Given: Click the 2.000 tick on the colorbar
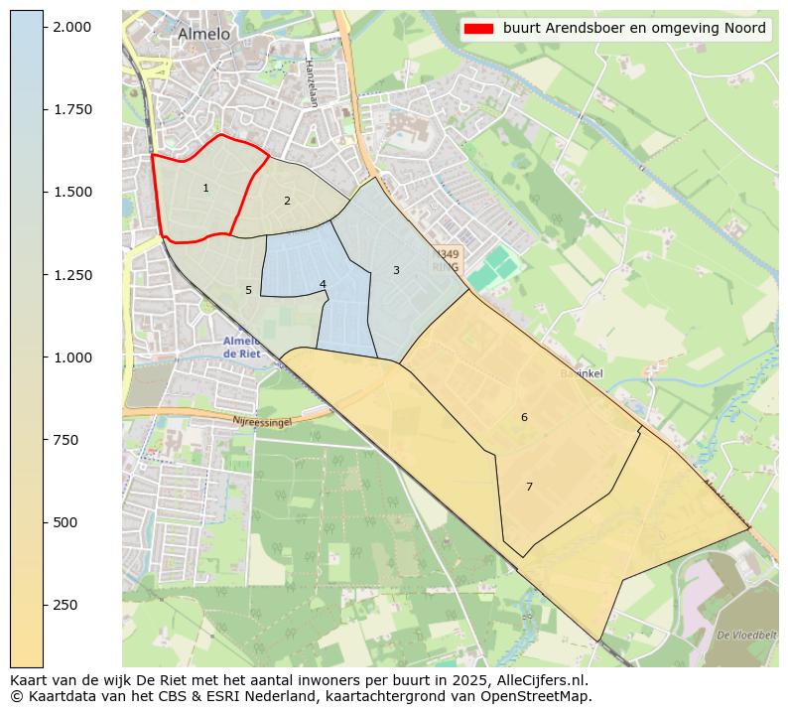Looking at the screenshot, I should [x=72, y=27].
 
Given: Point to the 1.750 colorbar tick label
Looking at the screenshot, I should [x=72, y=109].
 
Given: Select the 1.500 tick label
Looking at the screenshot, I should [x=72, y=192].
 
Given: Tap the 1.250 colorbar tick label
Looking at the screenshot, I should [x=72, y=275].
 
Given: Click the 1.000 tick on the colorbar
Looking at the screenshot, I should [x=72, y=357].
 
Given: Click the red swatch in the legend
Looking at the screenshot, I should [x=477, y=29].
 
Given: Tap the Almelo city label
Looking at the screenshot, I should [x=203, y=34].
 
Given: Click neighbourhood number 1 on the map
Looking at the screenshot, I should [x=205, y=188].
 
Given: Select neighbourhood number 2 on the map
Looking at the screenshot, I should [x=287, y=201].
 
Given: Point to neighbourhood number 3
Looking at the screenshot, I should [x=396, y=270].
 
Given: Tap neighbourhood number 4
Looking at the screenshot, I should [x=323, y=284].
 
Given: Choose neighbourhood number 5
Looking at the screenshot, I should [x=248, y=290].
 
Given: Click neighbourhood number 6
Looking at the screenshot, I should [x=524, y=417].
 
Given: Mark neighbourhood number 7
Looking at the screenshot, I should [x=529, y=487].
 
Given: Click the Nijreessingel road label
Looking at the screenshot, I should [x=262, y=422].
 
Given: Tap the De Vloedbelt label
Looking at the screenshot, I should [x=745, y=634].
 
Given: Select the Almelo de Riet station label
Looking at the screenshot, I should [x=242, y=347].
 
